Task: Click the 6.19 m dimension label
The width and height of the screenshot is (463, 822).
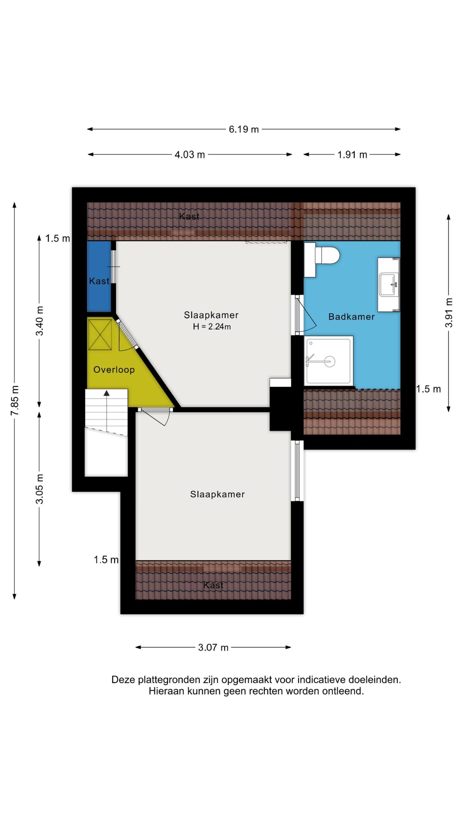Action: click(x=243, y=129)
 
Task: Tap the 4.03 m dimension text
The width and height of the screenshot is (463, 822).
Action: click(x=190, y=154)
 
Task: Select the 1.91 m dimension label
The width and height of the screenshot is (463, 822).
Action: click(x=352, y=154)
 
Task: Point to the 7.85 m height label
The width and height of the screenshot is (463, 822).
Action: click(x=15, y=400)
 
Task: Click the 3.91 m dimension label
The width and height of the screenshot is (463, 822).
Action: click(x=449, y=312)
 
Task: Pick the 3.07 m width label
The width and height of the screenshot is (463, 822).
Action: click(x=213, y=647)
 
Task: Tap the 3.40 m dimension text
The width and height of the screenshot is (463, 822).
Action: click(x=39, y=321)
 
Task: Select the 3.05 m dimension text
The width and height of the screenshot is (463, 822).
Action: click(x=39, y=489)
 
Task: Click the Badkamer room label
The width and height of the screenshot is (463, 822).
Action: click(x=351, y=317)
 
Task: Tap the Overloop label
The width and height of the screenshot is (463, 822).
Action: click(x=114, y=370)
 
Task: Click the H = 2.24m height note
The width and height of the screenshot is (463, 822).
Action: click(x=212, y=327)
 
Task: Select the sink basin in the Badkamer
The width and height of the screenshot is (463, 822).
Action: click(x=389, y=284)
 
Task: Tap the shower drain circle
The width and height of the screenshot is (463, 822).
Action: click(x=330, y=362)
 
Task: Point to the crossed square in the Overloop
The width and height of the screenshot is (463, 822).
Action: click(x=100, y=335)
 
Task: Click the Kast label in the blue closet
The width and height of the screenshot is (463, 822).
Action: click(x=99, y=281)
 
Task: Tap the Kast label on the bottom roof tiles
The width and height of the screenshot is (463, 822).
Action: click(x=213, y=585)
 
